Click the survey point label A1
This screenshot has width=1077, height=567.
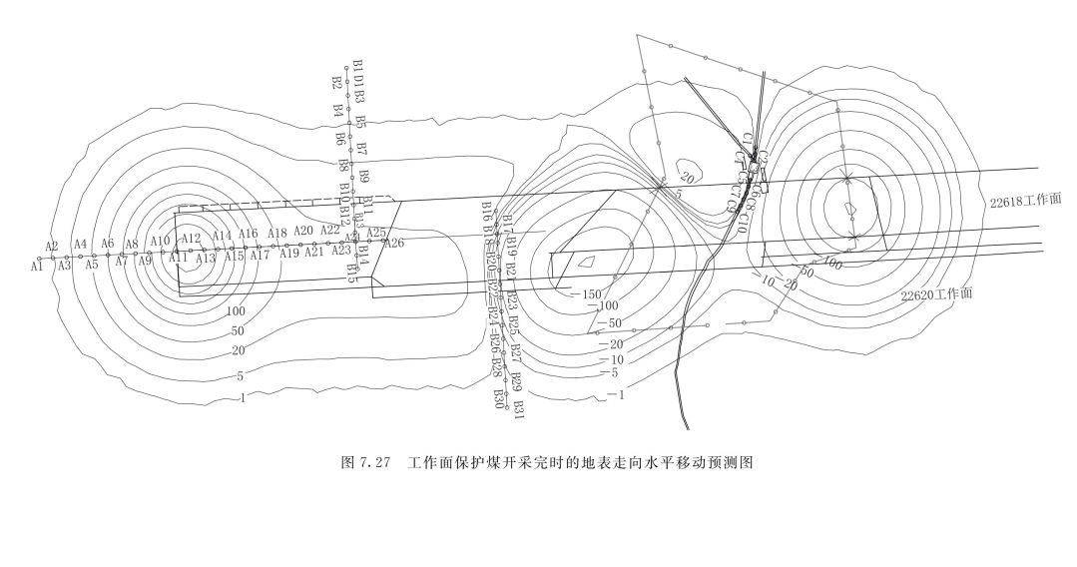pyautogui.click(x=37, y=267)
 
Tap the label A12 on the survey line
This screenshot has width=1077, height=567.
pyautogui.click(x=192, y=239)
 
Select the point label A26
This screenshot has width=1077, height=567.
pyautogui.click(x=394, y=243)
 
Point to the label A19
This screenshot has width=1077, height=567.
pyautogui.click(x=289, y=254)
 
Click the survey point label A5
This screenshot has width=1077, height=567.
pyautogui.click(x=92, y=266)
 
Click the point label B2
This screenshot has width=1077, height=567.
pyautogui.click(x=337, y=83)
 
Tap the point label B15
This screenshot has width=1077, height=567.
pyautogui.click(x=351, y=273)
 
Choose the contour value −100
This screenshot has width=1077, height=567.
pyautogui.click(x=603, y=306)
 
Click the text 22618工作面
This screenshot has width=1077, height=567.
pyautogui.click(x=1025, y=201)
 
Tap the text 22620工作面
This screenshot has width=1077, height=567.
pyautogui.click(x=937, y=295)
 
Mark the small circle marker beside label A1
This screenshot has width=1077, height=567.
pyautogui.click(x=40, y=259)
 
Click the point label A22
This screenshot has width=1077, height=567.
pyautogui.click(x=330, y=231)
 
